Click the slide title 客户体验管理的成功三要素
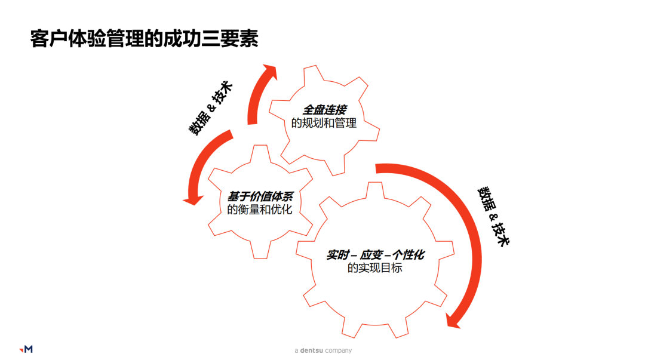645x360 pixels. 145,39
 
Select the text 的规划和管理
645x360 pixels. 324,124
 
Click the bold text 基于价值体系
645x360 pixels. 260,196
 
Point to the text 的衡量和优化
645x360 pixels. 260,210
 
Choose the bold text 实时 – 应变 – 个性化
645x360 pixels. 375,254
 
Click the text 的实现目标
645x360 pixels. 375,268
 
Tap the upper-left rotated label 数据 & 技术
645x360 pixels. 211,109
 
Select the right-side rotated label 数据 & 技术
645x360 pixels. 493,216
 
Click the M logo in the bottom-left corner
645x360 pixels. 26,349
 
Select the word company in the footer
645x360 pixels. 338,350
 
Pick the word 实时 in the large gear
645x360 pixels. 336,254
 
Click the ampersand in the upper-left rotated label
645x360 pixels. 210,109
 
